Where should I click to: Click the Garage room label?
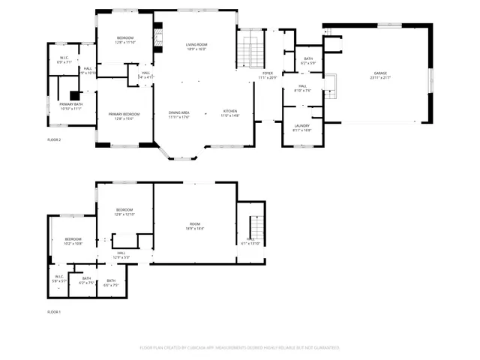381,73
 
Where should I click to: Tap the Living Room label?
196,45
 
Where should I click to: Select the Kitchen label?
229,112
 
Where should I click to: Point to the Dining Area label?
178,112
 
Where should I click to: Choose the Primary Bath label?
70,104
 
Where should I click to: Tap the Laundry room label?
301,126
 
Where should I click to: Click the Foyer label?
268,73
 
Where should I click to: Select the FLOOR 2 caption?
54,139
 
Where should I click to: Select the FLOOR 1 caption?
54,311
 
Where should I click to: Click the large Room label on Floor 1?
195,224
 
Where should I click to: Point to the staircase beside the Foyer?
251,52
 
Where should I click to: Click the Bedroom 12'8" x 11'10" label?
125,38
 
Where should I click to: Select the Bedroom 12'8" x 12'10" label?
124,209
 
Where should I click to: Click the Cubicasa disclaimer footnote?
240,348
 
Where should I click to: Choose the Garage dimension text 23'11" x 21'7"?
381,78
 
